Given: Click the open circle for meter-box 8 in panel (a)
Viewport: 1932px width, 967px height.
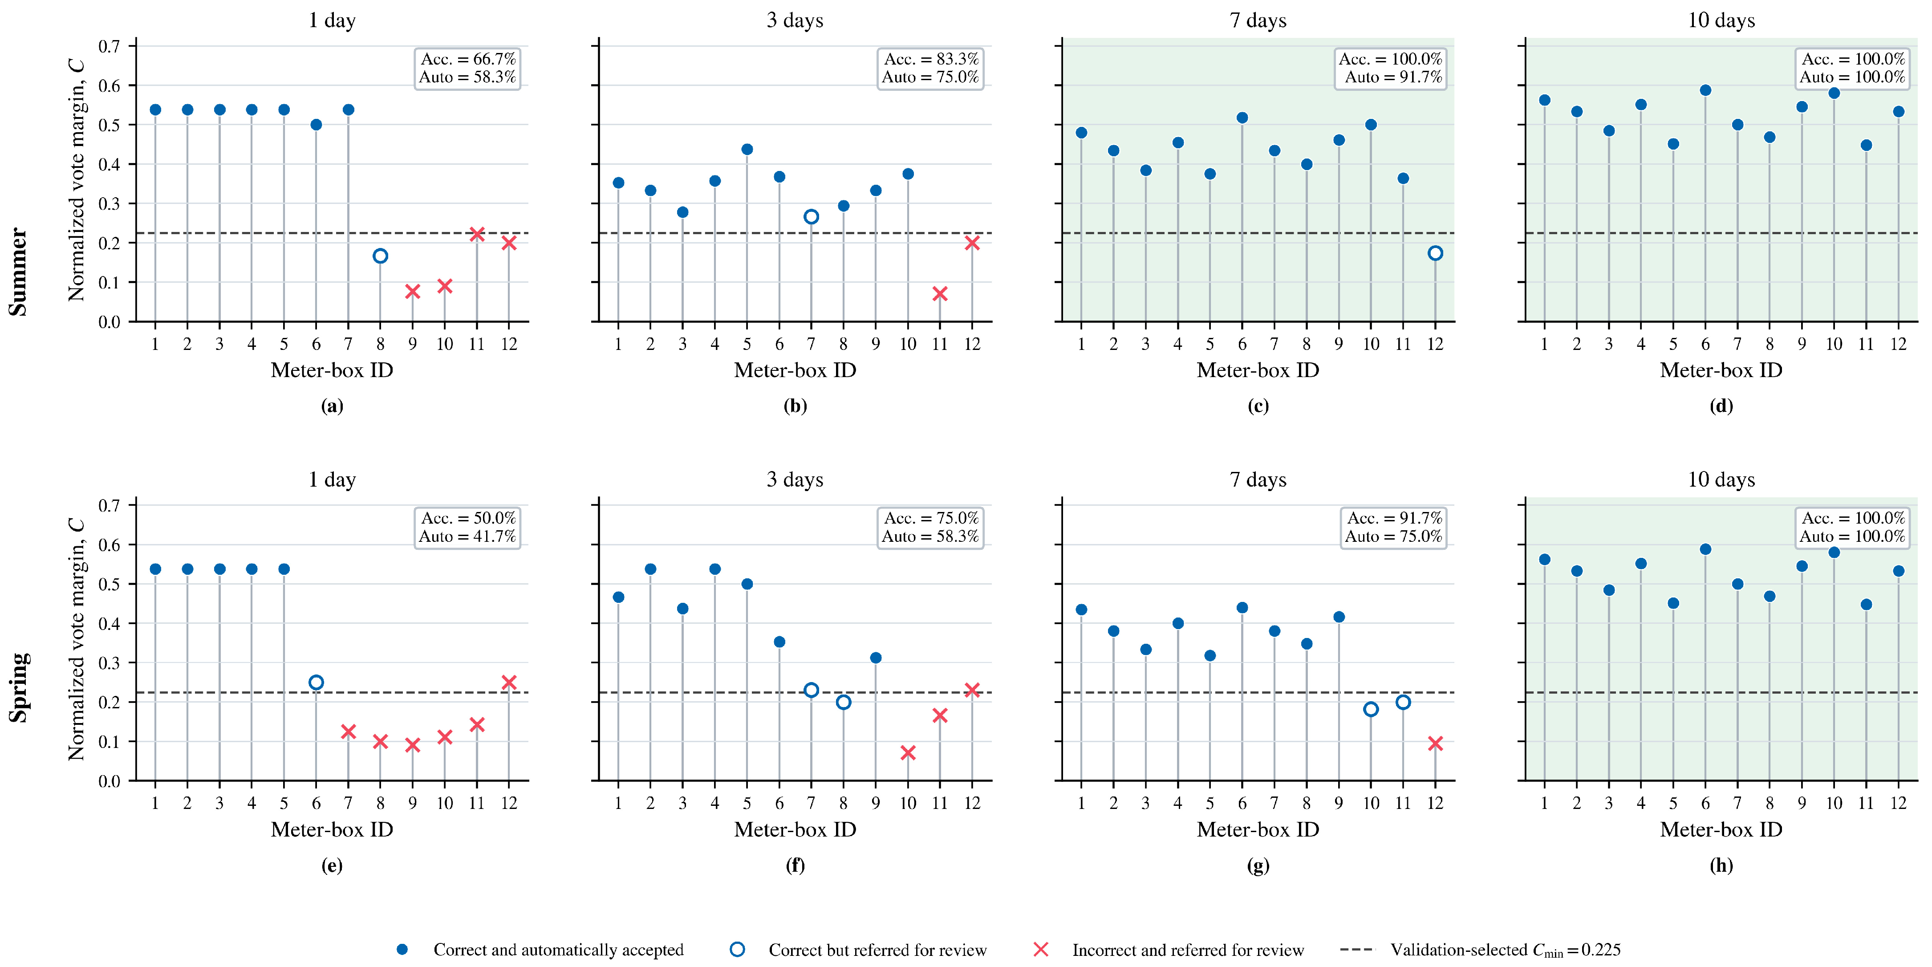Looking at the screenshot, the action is pyautogui.click(x=380, y=256).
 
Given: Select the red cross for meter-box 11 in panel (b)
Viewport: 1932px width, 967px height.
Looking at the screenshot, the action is pyautogui.click(x=940, y=293).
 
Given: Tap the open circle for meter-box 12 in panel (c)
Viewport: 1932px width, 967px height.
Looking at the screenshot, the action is pyautogui.click(x=1435, y=253).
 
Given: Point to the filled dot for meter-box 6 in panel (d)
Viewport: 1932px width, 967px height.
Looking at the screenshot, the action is pyautogui.click(x=1705, y=90).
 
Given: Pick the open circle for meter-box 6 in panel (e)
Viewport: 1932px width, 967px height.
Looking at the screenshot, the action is pyautogui.click(x=316, y=682).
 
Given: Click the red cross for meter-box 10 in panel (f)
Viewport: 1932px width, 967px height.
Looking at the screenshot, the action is pyautogui.click(x=908, y=752).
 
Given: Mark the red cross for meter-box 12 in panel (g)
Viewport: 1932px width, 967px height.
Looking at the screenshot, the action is pyautogui.click(x=1435, y=744).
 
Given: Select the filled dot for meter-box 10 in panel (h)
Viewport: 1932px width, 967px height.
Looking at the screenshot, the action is pyautogui.click(x=1834, y=552).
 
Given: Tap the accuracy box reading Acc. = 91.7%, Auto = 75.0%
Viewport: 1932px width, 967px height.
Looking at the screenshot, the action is pyautogui.click(x=1393, y=528).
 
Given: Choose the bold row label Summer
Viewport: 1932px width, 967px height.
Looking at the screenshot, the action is pyautogui.click(x=18, y=272).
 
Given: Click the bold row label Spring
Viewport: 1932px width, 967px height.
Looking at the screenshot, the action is pyautogui.click(x=18, y=687).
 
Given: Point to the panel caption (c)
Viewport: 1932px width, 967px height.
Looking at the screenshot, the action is pyautogui.click(x=1258, y=406).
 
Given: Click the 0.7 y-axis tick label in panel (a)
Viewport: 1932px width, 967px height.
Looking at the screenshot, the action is pyautogui.click(x=110, y=46).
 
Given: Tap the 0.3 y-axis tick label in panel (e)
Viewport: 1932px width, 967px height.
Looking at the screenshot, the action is pyautogui.click(x=110, y=662).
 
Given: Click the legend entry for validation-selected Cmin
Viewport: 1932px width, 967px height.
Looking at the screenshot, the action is pyautogui.click(x=1481, y=950).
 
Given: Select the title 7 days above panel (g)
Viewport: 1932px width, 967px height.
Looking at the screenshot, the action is pyautogui.click(x=1258, y=479).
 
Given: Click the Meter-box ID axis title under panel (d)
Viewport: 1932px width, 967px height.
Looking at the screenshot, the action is pyautogui.click(x=1721, y=370).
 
